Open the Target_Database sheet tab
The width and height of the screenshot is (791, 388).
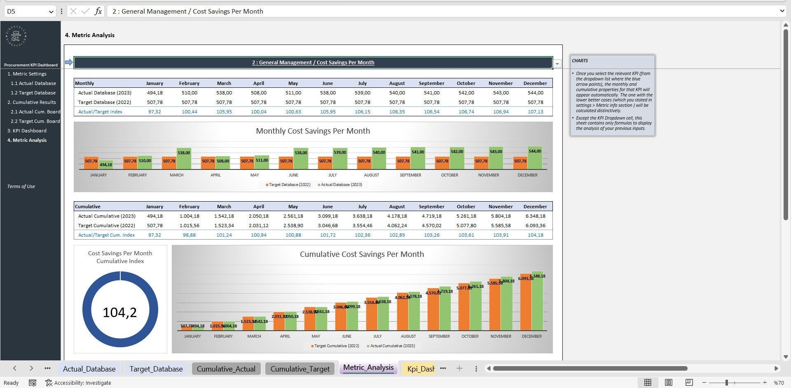156,369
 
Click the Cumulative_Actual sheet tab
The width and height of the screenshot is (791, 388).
226,369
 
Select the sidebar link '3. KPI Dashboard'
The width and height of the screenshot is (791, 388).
27,131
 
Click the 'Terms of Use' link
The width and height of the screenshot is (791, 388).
21,186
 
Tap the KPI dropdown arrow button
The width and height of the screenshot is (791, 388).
557,63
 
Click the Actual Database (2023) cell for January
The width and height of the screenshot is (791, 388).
154,93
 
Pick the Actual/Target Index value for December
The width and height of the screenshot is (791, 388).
535,112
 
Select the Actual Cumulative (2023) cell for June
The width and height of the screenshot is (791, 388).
328,216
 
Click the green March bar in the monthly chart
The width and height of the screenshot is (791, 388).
184,160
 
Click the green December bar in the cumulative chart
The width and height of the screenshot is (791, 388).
537,301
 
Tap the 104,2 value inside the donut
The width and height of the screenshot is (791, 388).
120,312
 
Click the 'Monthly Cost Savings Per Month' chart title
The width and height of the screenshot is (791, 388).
313,131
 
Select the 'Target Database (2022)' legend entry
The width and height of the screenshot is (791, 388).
289,185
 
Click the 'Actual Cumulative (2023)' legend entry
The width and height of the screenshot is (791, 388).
392,346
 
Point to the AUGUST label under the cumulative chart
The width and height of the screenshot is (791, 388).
408,336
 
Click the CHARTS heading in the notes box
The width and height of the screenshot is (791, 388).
580,61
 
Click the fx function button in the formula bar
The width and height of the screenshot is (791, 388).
98,11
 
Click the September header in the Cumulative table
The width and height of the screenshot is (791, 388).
431,207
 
